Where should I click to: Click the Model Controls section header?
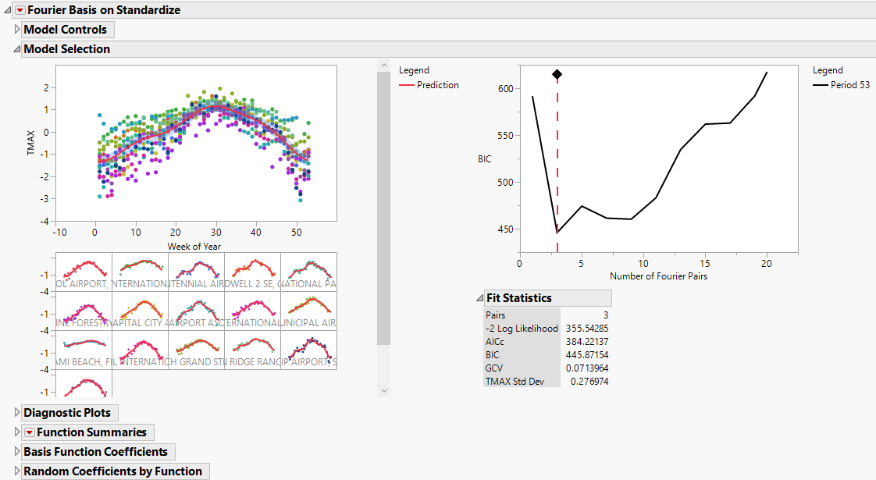[x=65, y=30]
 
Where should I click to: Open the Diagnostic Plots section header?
[x=66, y=412]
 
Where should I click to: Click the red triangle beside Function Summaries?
[x=29, y=432]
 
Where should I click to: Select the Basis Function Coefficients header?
[x=95, y=452]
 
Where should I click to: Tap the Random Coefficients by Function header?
[x=112, y=471]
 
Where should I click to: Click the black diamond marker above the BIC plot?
[x=557, y=74]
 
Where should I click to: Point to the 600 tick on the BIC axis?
[x=505, y=88]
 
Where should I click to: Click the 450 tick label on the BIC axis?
[x=505, y=229]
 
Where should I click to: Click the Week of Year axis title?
[x=194, y=247]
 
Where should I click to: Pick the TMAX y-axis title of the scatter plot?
[x=31, y=144]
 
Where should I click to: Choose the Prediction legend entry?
[x=437, y=85]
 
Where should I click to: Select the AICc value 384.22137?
[x=586, y=342]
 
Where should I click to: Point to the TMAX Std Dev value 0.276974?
[x=589, y=382]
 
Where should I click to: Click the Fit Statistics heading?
[x=518, y=298]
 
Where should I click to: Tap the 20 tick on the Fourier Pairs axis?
[x=767, y=264]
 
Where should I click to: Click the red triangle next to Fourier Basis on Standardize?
[x=20, y=10]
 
